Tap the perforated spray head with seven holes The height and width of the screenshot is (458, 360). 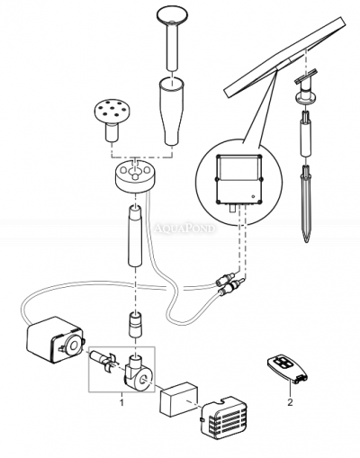click(x=115, y=116)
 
